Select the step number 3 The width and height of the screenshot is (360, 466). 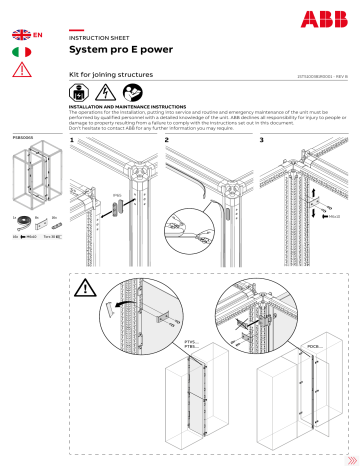pos(262,141)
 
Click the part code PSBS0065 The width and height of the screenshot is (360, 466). pos(23,137)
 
